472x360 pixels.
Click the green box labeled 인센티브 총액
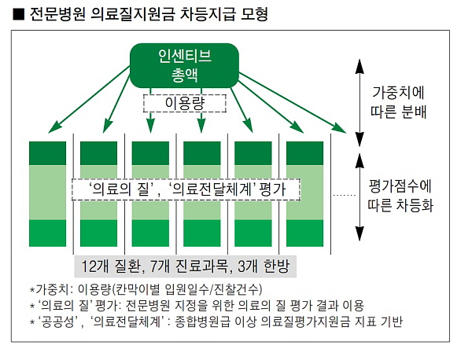[184, 65]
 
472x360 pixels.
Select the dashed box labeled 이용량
[185, 104]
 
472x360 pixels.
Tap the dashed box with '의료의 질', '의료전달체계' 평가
[186, 189]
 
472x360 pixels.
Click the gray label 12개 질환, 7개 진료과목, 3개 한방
[186, 266]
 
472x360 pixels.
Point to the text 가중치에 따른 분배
[398, 102]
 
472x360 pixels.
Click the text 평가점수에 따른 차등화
[400, 196]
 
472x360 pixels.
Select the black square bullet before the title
[18, 14]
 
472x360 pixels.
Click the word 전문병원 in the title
[57, 14]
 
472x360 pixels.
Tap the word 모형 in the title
[254, 14]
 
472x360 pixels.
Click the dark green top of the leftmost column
[47, 153]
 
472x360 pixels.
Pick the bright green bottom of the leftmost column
[47, 233]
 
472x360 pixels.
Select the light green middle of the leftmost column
[47, 192]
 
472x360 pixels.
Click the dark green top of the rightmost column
[304, 153]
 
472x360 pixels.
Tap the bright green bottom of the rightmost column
[304, 233]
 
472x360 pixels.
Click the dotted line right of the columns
[345, 196]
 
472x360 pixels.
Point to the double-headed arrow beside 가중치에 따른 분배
[360, 102]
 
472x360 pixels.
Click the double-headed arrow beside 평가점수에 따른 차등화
[360, 197]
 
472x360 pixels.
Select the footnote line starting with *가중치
[146, 289]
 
